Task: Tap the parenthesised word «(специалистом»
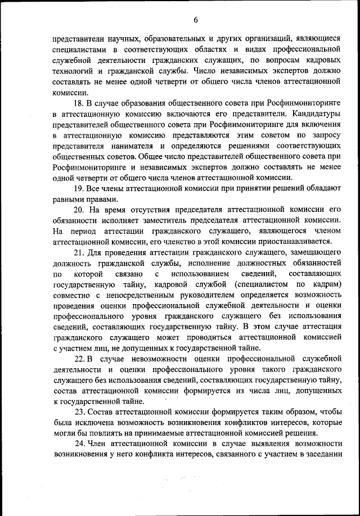[267, 284]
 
